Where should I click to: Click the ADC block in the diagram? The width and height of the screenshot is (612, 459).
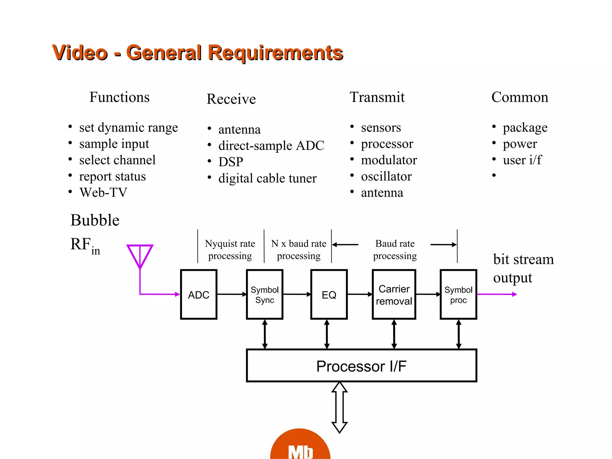coord(198,294)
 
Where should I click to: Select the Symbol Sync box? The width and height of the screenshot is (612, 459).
coord(264,294)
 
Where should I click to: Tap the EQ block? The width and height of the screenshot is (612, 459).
coord(329,294)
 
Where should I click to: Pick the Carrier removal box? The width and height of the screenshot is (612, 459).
coord(394,294)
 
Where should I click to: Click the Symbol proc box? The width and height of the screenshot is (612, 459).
coord(458,294)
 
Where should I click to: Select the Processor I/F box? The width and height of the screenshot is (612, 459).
coord(361,365)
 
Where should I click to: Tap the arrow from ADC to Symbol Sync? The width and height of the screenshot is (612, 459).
coord(232,294)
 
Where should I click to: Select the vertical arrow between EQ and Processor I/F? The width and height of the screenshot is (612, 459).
coord(327,334)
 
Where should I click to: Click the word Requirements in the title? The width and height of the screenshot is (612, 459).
coord(275,53)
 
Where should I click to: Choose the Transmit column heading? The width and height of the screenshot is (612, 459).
coord(377,97)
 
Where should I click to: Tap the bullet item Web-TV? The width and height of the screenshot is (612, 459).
coord(103,192)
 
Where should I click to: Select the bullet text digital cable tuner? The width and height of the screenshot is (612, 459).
coord(267,178)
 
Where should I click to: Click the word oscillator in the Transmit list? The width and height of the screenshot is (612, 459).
coord(386,176)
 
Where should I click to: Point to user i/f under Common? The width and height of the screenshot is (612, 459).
coord(522,160)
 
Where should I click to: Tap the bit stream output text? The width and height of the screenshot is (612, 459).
coord(523,268)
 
